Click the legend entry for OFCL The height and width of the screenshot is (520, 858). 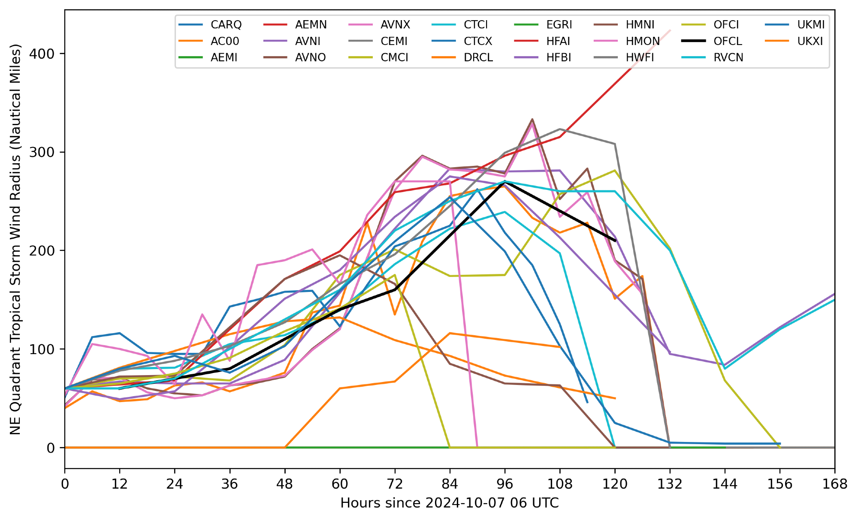[x=728, y=41]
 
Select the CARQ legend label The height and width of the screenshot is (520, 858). [x=226, y=25]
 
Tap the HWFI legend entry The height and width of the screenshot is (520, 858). [x=640, y=57]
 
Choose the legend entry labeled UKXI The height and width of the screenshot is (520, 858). [x=810, y=41]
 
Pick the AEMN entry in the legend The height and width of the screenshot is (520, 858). [x=311, y=25]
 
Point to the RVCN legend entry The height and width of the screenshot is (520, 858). [x=728, y=57]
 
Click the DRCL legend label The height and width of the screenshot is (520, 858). [x=478, y=57]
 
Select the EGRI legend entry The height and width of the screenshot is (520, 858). [x=559, y=25]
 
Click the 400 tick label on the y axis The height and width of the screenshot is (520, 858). [x=42, y=54]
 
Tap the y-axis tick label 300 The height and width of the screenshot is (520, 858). [x=42, y=152]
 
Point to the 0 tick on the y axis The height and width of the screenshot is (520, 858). [x=51, y=448]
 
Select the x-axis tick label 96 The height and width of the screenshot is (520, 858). [x=505, y=484]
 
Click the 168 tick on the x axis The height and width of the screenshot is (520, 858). [x=834, y=484]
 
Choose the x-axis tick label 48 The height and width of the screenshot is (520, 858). [x=284, y=484]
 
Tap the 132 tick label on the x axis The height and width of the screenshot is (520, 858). [x=669, y=484]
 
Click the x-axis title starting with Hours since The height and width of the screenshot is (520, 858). [x=449, y=503]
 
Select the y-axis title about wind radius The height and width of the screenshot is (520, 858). [x=15, y=239]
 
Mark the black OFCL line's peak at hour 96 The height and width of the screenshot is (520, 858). [x=505, y=183]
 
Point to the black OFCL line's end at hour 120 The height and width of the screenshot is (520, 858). [x=615, y=241]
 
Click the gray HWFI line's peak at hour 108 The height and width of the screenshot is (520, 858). [x=560, y=129]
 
